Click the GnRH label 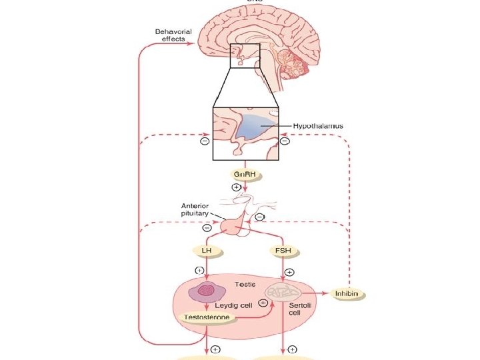click(x=244, y=175)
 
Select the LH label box click(x=207, y=251)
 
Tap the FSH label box click(x=283, y=251)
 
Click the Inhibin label click(x=350, y=293)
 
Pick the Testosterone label click(x=208, y=318)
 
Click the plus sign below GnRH click(x=235, y=188)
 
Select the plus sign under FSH click(x=289, y=272)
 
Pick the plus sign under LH click(x=198, y=270)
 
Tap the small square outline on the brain click(x=240, y=56)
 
